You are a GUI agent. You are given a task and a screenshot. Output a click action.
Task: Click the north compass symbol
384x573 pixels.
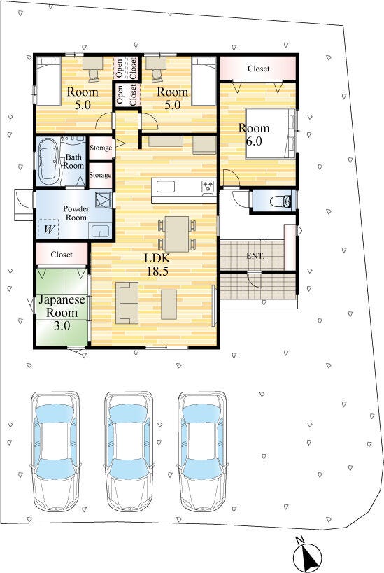pyautogui.click(x=308, y=556)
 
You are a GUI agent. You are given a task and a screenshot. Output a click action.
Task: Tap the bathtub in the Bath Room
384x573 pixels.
pyautogui.click(x=48, y=161)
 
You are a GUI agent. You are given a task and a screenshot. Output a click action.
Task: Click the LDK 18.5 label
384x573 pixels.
pyautogui.click(x=157, y=264)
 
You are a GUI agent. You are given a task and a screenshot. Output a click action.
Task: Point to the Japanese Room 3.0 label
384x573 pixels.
pyautogui.click(x=62, y=313)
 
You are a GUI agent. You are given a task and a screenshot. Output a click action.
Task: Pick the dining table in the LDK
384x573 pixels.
pyautogui.click(x=177, y=234)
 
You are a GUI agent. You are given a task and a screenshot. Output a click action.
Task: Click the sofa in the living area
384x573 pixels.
pyautogui.click(x=127, y=303)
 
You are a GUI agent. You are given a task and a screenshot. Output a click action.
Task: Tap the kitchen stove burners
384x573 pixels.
pyautogui.click(x=208, y=186)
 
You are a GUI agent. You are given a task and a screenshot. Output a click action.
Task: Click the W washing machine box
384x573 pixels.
pyautogui.click(x=48, y=229)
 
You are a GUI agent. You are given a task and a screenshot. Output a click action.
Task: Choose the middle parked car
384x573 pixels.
pyautogui.click(x=128, y=452)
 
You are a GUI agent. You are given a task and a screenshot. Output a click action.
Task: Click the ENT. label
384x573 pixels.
pyautogui.click(x=255, y=256)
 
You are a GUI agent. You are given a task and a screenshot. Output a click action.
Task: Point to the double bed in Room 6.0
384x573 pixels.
pyautogui.click(x=271, y=134)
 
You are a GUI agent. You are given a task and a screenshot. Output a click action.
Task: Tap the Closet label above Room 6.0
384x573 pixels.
pyautogui.click(x=258, y=69)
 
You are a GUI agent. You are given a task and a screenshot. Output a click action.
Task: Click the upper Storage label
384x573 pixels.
pyautogui.click(x=101, y=148)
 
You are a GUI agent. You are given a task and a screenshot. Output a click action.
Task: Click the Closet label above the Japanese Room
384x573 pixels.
pyautogui.click(x=62, y=255)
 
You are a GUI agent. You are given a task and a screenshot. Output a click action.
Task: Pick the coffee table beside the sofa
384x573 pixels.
pyautogui.click(x=169, y=304)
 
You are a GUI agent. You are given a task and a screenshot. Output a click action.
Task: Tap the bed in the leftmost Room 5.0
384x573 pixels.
pyautogui.click(x=48, y=81)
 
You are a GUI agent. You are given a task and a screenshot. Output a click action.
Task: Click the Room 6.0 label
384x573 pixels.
pyautogui.click(x=254, y=134)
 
